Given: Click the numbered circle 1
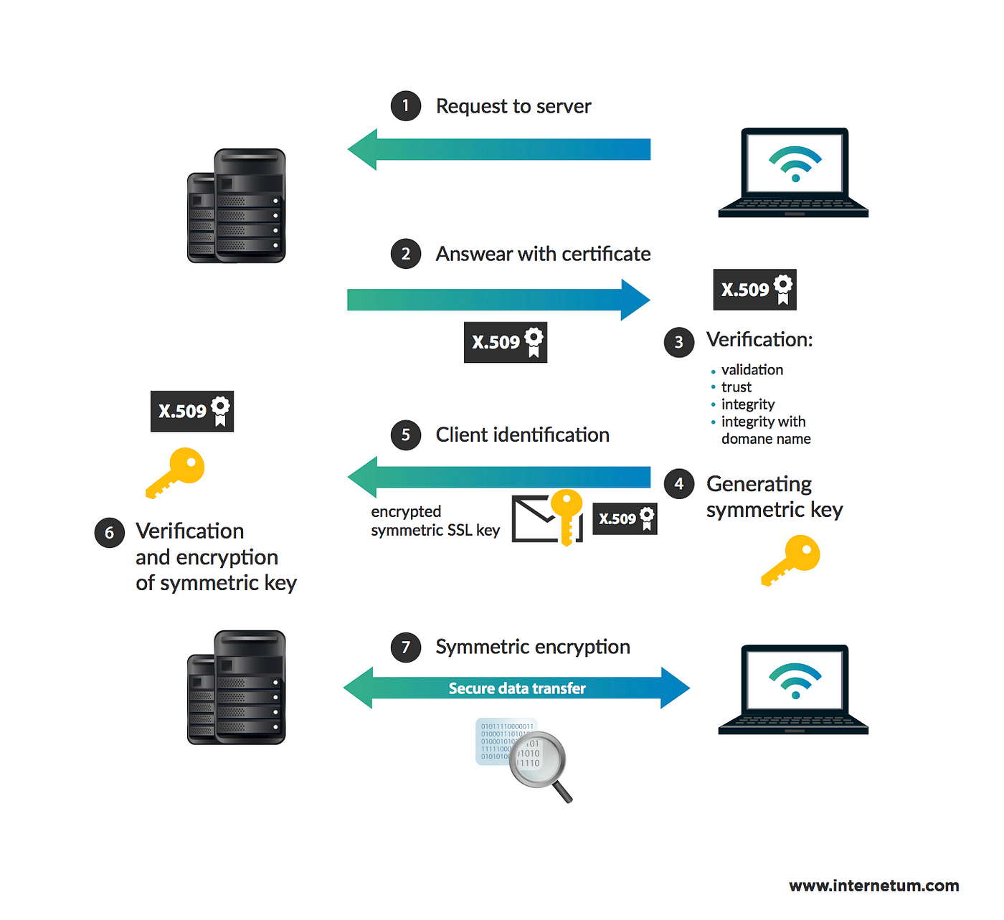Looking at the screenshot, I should [406, 106].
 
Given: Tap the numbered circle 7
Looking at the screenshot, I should [406, 648].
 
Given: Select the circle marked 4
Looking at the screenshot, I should [679, 484].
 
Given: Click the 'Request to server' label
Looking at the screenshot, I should [513, 106].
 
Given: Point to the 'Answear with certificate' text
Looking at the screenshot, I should [543, 254].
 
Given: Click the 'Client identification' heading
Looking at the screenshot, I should [522, 435].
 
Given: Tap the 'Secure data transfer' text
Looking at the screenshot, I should [517, 688].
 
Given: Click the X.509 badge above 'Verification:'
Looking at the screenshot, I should [755, 290].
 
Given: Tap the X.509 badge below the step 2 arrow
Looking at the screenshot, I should [506, 342].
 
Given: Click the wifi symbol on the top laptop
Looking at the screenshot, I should [795, 163].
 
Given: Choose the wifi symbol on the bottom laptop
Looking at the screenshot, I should [795, 680].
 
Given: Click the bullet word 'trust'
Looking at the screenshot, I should [737, 387].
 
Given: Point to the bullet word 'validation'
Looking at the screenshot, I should [752, 370].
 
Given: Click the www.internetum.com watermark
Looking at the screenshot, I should [874, 886].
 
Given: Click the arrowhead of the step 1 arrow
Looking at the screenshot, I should [363, 149].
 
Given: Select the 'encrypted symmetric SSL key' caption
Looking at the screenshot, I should [435, 521].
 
